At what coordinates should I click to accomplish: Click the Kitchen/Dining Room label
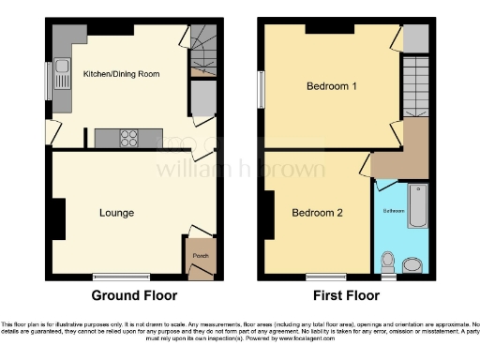[x=120, y=73]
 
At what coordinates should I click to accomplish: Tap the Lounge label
[x=117, y=213]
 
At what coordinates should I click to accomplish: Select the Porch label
[x=199, y=254]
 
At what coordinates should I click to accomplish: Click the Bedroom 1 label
[x=332, y=87]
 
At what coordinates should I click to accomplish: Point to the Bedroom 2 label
[x=317, y=213]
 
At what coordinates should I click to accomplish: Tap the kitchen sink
[x=61, y=67]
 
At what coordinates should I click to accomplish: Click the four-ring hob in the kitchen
[x=129, y=138]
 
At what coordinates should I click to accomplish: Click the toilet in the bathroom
[x=387, y=259]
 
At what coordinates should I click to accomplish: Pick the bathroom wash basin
[x=413, y=261]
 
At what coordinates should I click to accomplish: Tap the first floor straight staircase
[x=413, y=85]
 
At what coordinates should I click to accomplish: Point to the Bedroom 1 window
[x=262, y=89]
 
